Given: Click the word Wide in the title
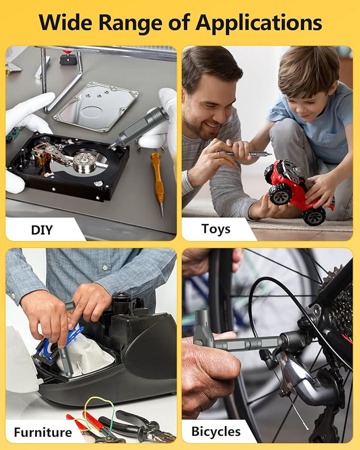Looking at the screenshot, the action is [67, 22].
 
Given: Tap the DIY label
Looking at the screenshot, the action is [42, 230].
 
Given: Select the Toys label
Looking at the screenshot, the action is [216, 230].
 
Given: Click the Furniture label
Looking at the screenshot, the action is [43, 432].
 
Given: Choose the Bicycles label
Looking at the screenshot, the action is [216, 431].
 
